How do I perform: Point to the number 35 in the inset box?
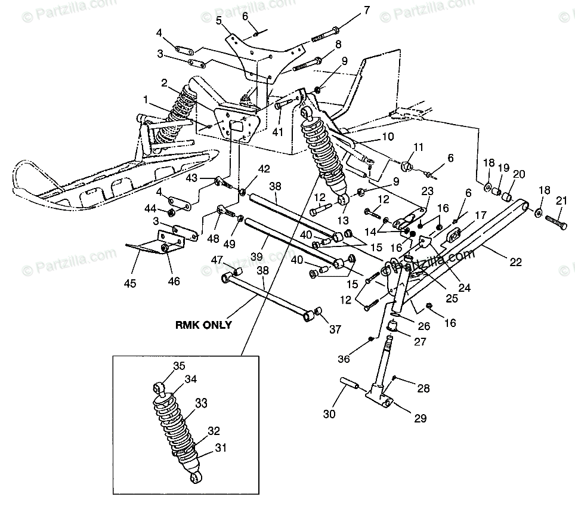[x=180, y=366]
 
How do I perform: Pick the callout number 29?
[x=421, y=419]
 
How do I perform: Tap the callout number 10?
[x=405, y=137]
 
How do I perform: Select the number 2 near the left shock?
[x=163, y=82]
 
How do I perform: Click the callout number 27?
[x=421, y=343]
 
